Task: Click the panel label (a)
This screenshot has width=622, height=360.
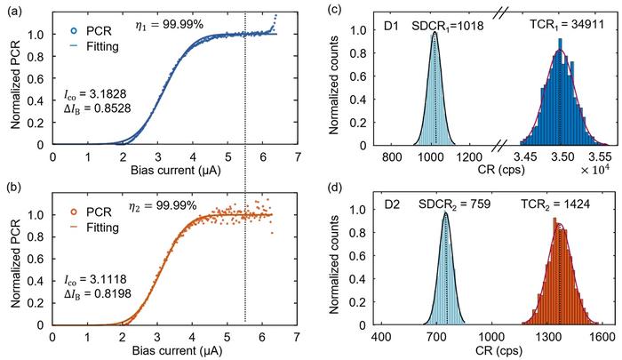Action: (x=11, y=10)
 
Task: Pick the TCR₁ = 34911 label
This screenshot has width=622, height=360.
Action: (x=550, y=28)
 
